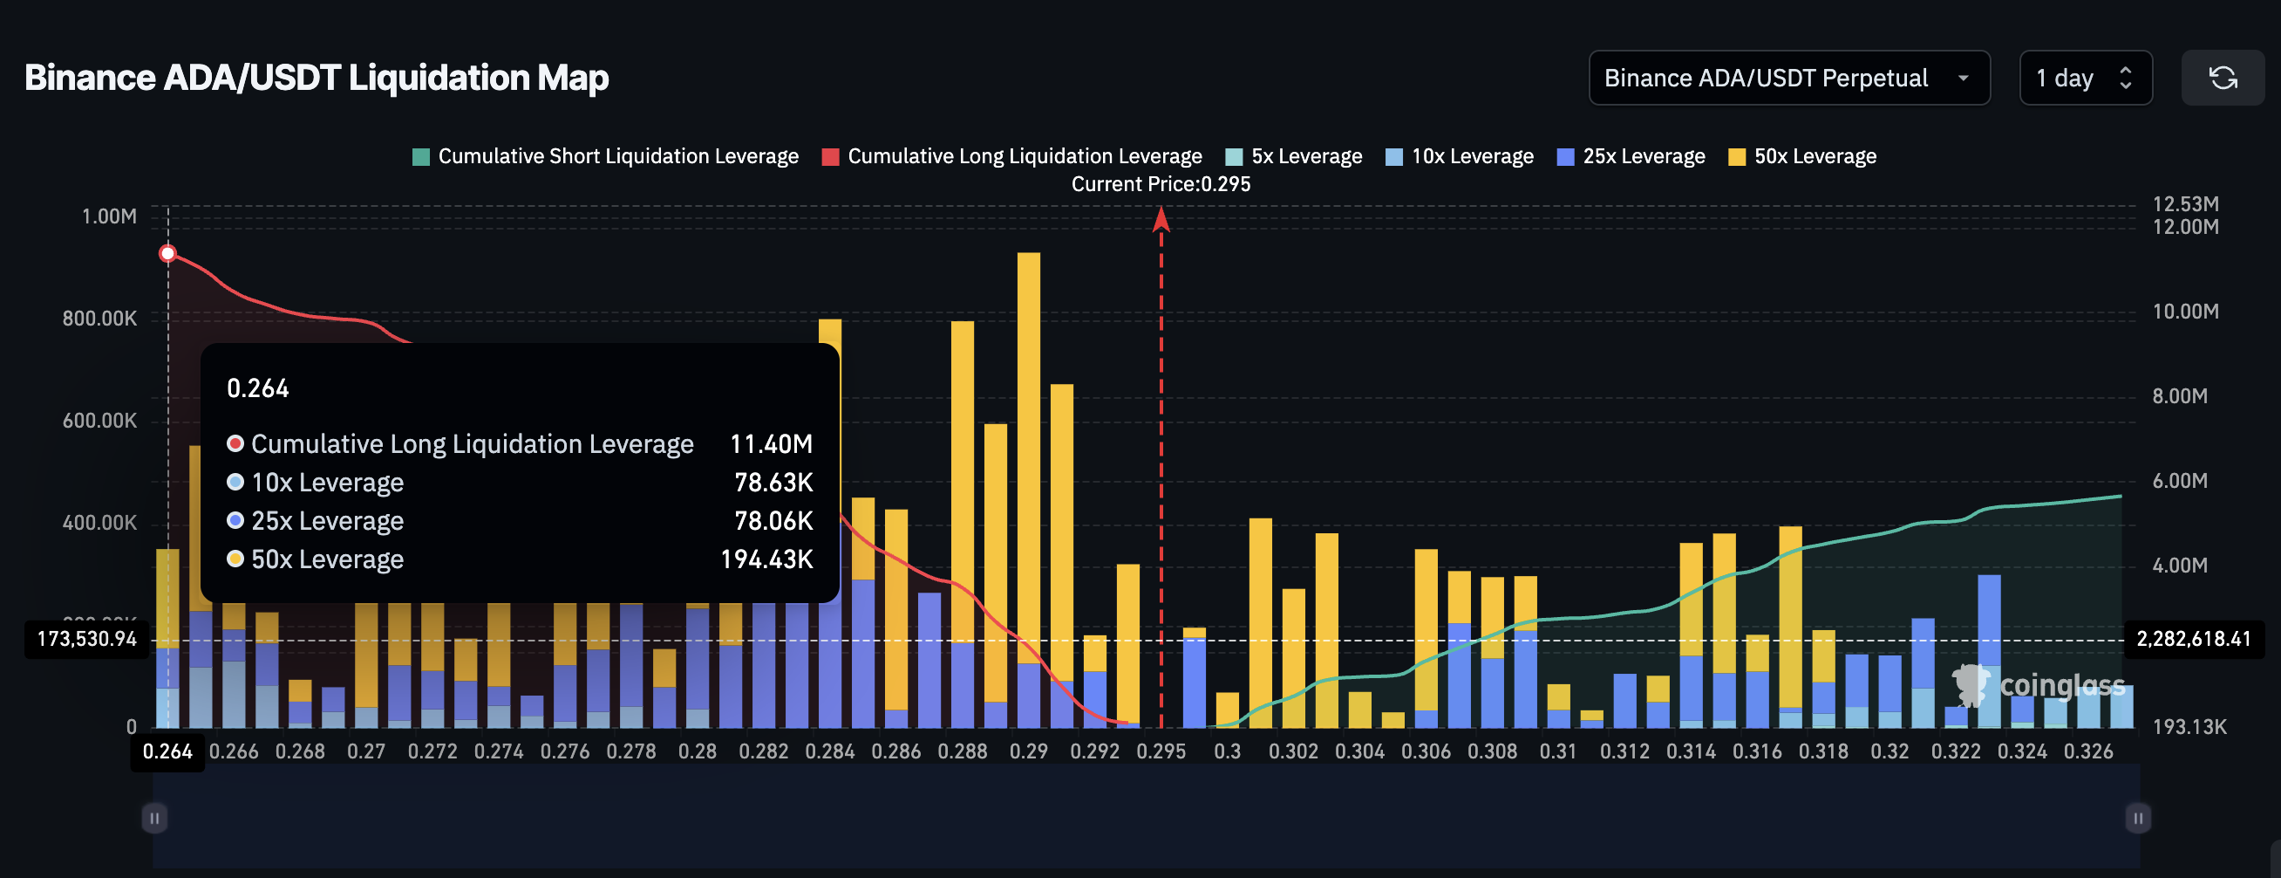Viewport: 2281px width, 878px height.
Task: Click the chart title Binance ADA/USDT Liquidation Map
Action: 317,78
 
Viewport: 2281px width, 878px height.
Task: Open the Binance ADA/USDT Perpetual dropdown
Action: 1787,78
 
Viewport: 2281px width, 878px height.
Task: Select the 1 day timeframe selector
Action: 2085,78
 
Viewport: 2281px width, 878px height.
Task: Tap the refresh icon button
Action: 2222,78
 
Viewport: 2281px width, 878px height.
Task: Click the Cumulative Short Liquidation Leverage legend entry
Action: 606,157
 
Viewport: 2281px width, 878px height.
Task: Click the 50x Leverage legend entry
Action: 1802,157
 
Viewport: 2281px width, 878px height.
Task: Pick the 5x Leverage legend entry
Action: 1294,157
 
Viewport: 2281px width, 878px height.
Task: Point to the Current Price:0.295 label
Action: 1160,184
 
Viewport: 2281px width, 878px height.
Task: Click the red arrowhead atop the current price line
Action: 1161,220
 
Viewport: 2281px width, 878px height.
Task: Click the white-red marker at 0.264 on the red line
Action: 167,254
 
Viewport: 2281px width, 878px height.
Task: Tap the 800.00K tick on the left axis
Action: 99,319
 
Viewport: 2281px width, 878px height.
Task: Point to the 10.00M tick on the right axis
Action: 2184,312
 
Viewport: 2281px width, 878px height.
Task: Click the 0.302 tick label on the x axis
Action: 1293,752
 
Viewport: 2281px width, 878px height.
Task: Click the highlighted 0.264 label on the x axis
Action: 167,752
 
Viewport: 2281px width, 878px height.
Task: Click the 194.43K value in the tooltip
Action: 766,560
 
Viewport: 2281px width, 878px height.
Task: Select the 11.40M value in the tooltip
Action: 771,444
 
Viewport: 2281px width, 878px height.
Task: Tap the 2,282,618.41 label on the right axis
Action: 2192,640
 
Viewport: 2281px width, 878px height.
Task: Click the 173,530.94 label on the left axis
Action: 87,640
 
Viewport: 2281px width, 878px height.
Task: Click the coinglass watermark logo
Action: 2038,685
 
